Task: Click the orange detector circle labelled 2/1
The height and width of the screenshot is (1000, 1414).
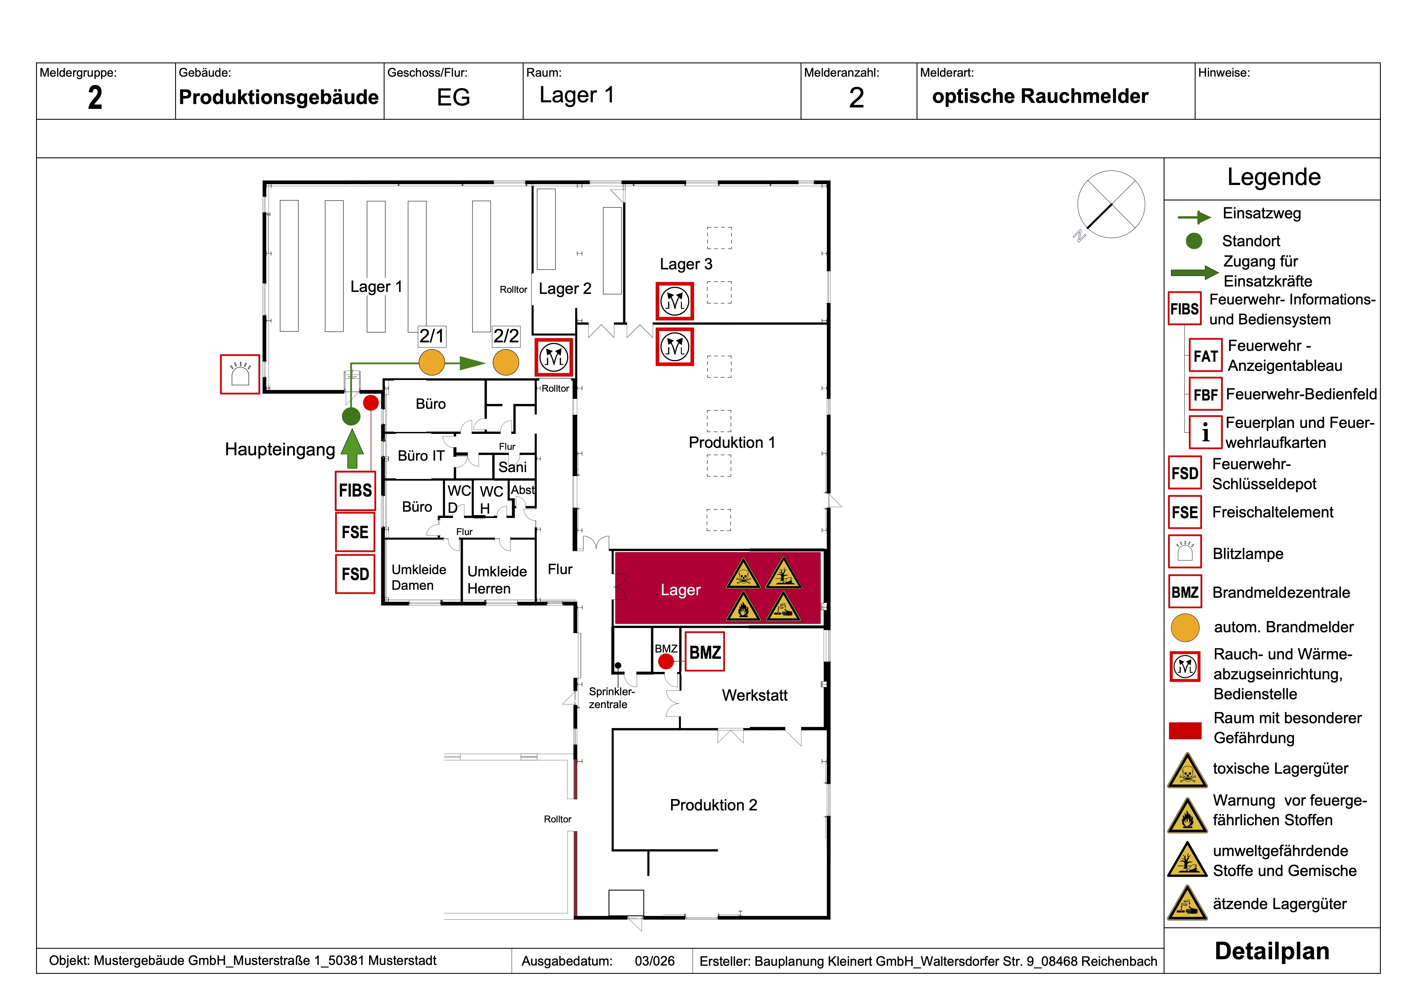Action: (x=432, y=362)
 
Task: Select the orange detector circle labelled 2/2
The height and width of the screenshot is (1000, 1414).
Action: (x=506, y=362)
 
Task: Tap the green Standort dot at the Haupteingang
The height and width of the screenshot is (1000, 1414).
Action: (x=351, y=416)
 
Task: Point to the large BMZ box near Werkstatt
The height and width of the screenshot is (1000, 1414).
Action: (x=704, y=652)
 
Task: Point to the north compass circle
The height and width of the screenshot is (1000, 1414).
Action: (x=1111, y=205)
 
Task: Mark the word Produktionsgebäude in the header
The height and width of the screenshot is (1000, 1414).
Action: (x=278, y=97)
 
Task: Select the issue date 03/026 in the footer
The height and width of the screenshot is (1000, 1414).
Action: (x=655, y=961)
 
